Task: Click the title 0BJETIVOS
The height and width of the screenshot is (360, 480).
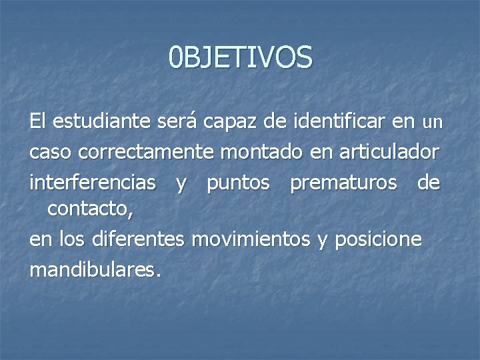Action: coord(240,57)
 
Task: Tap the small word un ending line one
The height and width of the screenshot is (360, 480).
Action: coord(433,123)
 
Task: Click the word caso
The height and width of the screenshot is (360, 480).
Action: coord(51,153)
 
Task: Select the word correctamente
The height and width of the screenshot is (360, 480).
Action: coord(146,153)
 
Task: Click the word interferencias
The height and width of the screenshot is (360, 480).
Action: coord(93,182)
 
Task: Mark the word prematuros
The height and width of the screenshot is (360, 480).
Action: coord(343,183)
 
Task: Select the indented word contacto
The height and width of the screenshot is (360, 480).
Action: coord(90,211)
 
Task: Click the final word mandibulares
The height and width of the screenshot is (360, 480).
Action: coord(95,270)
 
